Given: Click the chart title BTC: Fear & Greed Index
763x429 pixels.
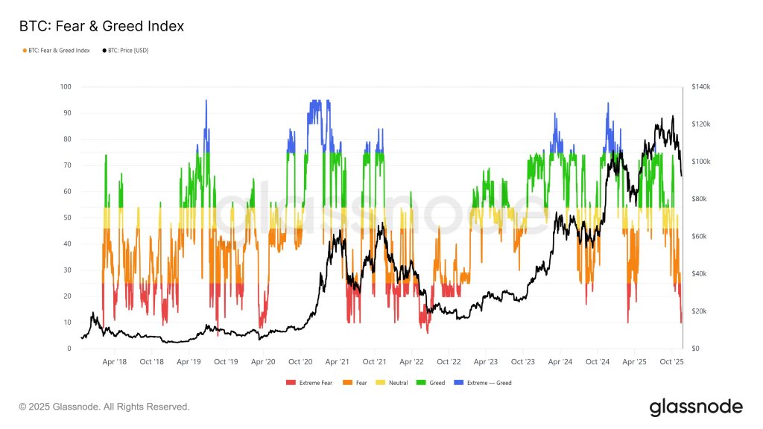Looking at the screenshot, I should (101, 27).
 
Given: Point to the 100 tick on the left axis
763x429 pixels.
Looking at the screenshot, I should (66, 87).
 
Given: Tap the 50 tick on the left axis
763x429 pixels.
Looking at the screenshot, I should (68, 217).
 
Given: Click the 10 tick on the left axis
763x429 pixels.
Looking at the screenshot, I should (68, 322).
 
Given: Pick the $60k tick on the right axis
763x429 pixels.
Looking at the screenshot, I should (700, 237).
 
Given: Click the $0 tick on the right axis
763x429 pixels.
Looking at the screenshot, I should (695, 349).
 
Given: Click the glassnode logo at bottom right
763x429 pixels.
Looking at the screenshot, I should (696, 407).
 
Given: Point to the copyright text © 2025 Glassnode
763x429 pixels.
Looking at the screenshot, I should (104, 407).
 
